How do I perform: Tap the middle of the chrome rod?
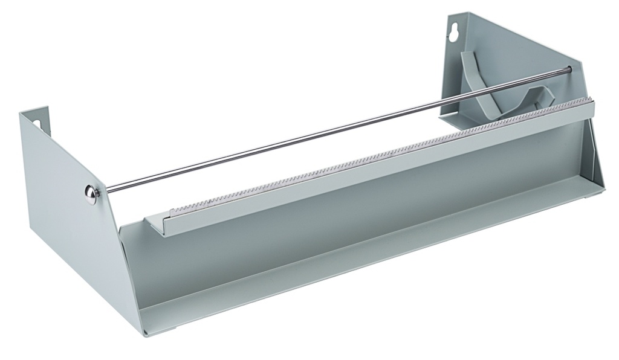coord(339,130)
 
